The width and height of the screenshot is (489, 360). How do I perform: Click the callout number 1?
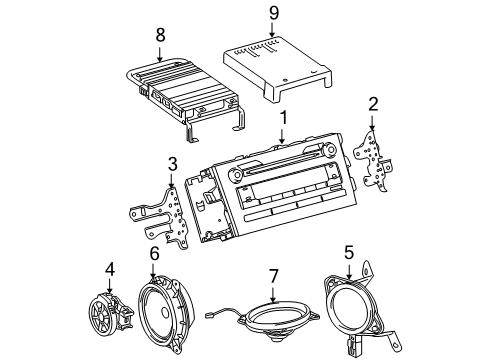tap(284, 119)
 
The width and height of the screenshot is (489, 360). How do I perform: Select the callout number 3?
tap(172, 164)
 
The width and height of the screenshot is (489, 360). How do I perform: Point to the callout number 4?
tap(111, 267)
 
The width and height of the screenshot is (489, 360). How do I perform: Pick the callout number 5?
tap(349, 253)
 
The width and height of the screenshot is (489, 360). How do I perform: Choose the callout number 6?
tap(155, 255)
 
